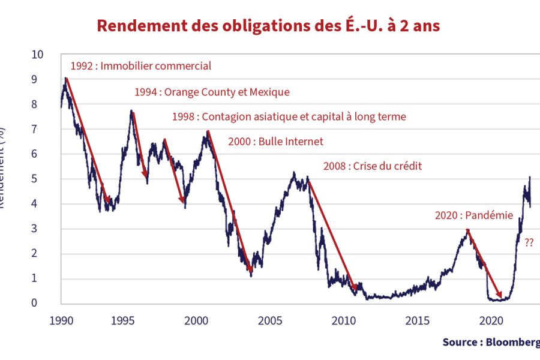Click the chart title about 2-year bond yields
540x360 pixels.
(x=268, y=26)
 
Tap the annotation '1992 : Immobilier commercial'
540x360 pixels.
(x=141, y=66)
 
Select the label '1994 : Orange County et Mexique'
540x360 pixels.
(x=211, y=92)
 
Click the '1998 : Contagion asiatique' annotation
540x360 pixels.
(x=289, y=116)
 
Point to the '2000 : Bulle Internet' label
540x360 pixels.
(x=275, y=142)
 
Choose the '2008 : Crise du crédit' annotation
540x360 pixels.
(x=372, y=166)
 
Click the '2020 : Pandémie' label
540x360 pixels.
(x=474, y=215)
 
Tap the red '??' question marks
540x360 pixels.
(x=529, y=243)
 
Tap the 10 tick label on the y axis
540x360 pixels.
(x=38, y=55)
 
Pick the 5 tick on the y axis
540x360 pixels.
(x=40, y=179)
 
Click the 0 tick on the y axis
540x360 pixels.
(x=40, y=303)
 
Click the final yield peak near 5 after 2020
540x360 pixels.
(x=530, y=178)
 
